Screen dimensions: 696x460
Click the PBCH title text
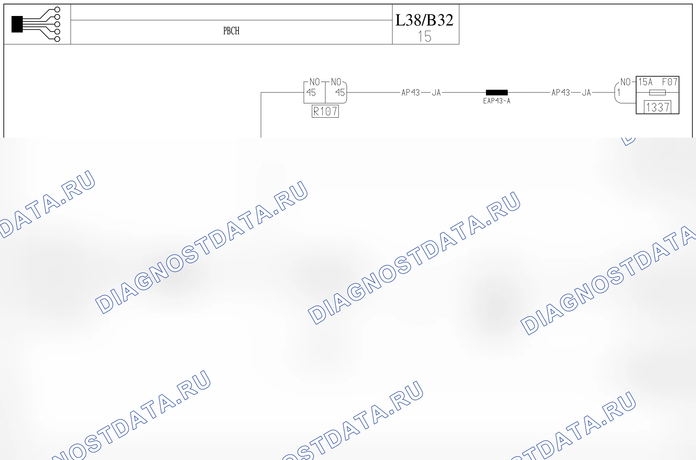pyautogui.click(x=231, y=31)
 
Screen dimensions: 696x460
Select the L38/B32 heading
pyautogui.click(x=424, y=20)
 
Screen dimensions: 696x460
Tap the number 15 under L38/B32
pyautogui.click(x=425, y=36)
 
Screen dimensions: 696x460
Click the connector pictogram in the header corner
pyautogui.click(x=36, y=24)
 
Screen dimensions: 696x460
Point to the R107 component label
pyautogui.click(x=325, y=111)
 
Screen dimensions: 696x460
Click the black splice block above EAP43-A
pyautogui.click(x=497, y=92)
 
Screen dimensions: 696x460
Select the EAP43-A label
pyautogui.click(x=497, y=101)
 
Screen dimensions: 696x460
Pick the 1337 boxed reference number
pyautogui.click(x=658, y=107)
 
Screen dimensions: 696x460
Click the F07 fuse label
pyautogui.click(x=669, y=82)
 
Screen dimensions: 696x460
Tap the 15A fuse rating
pyautogui.click(x=645, y=82)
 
